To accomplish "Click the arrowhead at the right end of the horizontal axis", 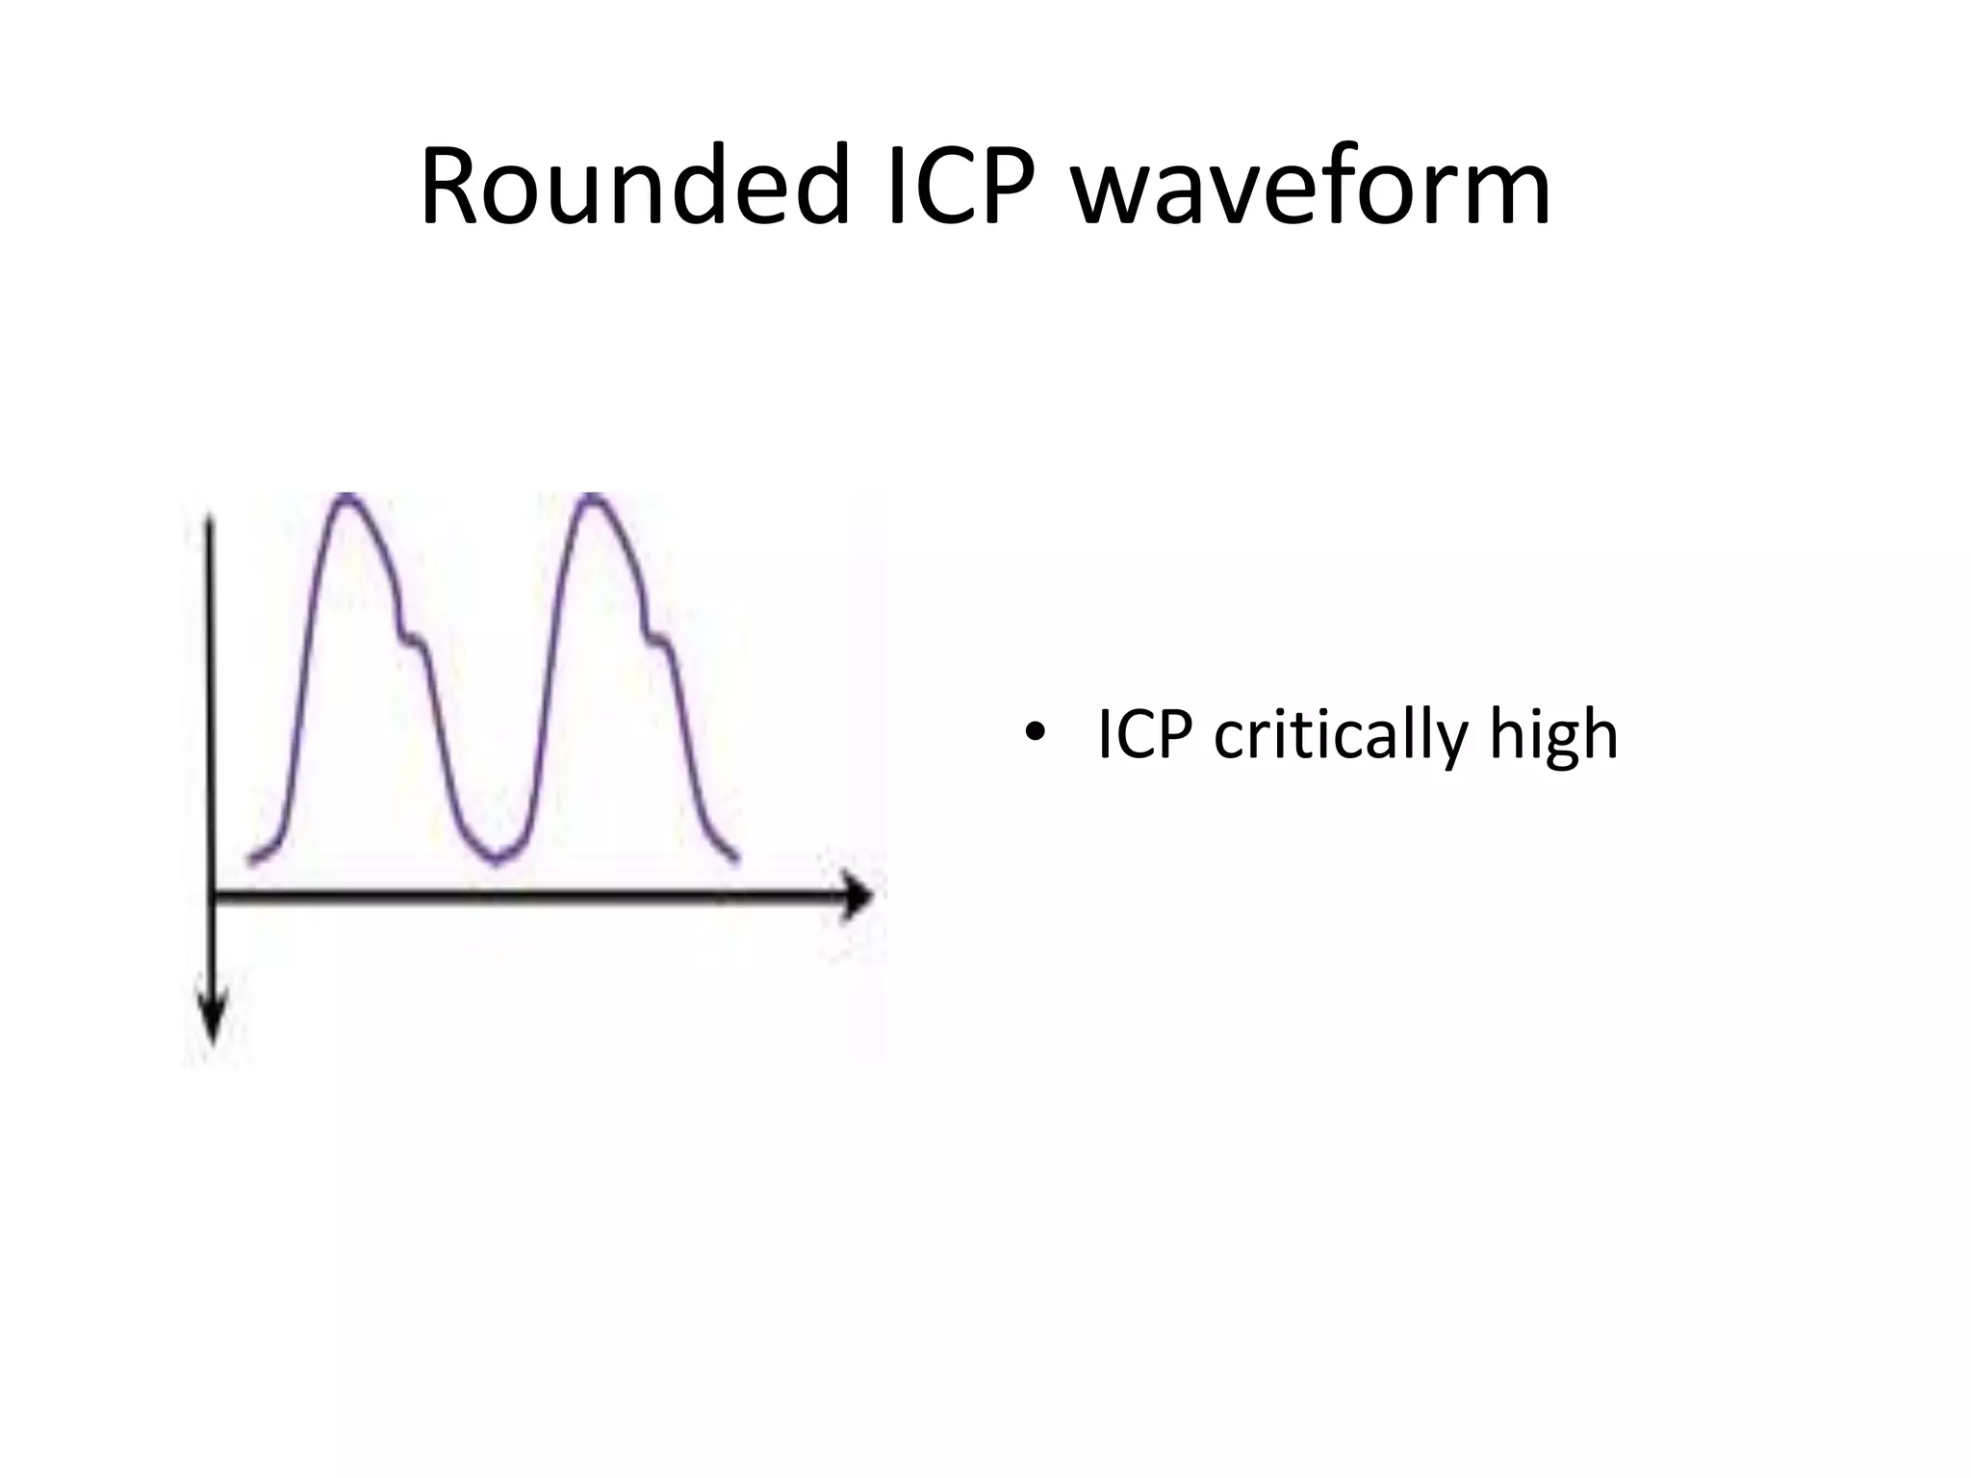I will click(858, 897).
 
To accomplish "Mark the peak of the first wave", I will click(346, 497).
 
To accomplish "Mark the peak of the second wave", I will click(593, 497).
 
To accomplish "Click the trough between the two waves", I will click(496, 859).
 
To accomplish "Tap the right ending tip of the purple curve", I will click(736, 857).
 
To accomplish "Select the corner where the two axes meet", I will click(212, 897).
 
